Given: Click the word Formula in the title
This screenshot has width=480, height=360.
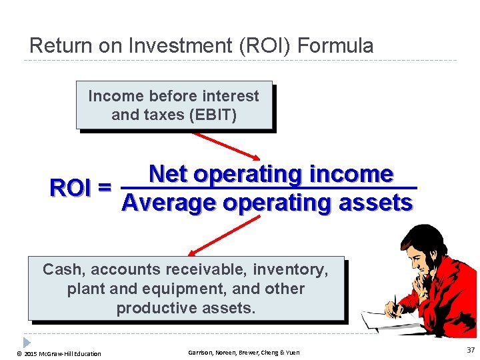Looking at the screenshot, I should coord(335,46).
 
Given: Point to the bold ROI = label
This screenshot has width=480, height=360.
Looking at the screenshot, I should coord(81,189).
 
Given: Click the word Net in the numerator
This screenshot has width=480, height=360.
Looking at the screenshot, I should coord(167,174).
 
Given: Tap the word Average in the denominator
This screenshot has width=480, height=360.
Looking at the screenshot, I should coord(169,202).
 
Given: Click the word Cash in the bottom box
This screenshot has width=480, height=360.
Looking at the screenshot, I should coord(64,270).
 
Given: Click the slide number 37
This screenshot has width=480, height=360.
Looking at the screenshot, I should coord(471,351).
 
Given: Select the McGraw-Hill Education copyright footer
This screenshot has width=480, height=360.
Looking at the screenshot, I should coord(60,353).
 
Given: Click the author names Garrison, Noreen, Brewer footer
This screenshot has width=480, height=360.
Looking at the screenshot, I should coord(243,353).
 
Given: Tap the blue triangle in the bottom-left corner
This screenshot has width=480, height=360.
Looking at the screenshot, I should coord(26,342).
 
